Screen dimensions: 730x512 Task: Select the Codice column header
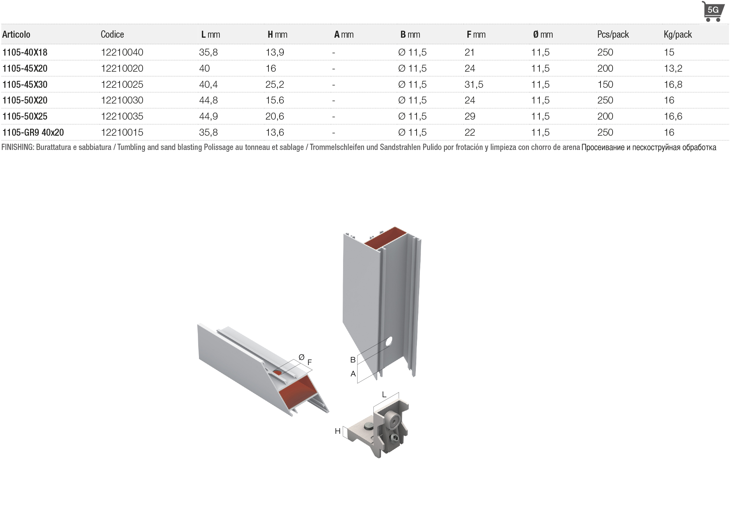click(112, 34)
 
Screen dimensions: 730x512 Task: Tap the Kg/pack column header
click(678, 34)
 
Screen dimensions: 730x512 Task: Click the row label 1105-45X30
click(25, 84)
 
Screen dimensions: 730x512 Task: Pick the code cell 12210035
click(122, 116)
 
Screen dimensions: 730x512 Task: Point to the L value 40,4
click(208, 84)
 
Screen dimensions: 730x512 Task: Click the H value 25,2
click(275, 84)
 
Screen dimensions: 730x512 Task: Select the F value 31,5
click(474, 84)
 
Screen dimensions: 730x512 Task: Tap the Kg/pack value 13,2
click(673, 68)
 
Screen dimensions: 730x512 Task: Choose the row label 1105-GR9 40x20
click(33, 132)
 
